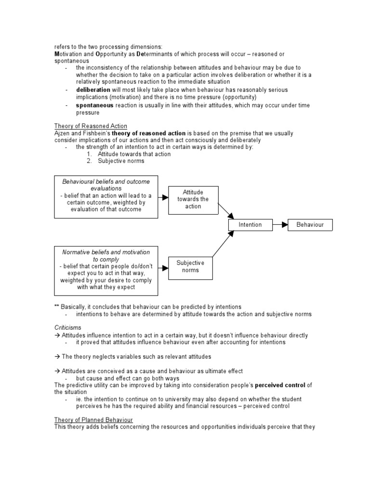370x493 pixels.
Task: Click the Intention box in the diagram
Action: (x=251, y=225)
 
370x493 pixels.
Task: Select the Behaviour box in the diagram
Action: (x=310, y=225)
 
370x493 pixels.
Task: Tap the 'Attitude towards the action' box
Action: (x=193, y=199)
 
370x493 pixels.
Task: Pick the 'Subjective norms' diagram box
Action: (x=190, y=266)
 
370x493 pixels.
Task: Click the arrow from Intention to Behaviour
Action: (x=280, y=225)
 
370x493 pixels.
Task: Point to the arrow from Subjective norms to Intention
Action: (x=223, y=244)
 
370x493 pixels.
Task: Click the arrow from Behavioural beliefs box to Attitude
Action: (x=163, y=197)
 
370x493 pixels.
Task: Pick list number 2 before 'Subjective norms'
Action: (x=89, y=161)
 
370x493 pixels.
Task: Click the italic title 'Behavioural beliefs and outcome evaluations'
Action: (x=106, y=185)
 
